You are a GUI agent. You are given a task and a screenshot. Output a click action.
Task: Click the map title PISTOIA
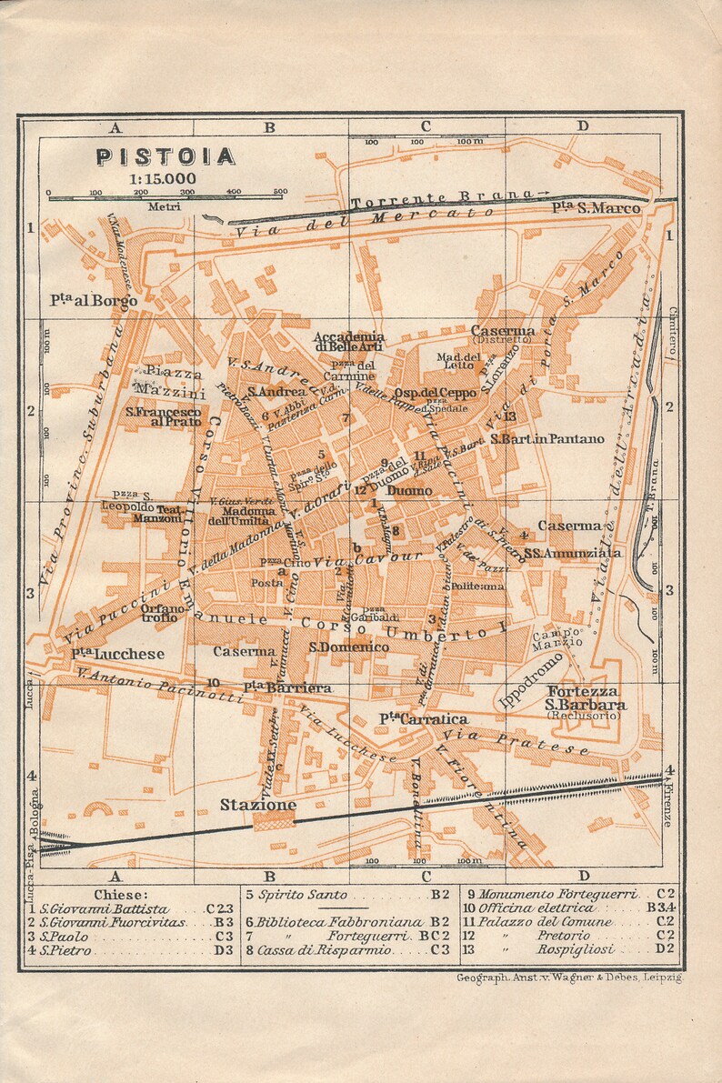tap(165, 156)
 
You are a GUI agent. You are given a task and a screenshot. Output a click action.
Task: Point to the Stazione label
tap(258, 805)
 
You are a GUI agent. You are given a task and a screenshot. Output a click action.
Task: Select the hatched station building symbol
tap(274, 820)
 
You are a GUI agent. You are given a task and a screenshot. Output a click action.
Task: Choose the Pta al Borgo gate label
tap(95, 300)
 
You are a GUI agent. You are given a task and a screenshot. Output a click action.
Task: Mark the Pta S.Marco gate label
tap(596, 208)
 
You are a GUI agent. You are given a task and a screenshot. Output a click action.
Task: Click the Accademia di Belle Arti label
tap(350, 341)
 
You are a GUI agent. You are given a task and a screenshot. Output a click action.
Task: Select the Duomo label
tap(410, 491)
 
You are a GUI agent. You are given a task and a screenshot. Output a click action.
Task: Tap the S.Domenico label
tap(348, 647)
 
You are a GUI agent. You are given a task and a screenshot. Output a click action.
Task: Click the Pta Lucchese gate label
tap(118, 654)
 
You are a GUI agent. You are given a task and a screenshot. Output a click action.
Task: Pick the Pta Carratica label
tap(410, 719)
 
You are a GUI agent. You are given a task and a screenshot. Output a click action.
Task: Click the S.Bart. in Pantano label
tap(547, 439)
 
